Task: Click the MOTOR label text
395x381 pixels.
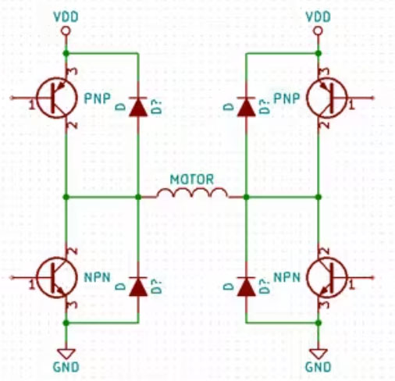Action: pyautogui.click(x=192, y=177)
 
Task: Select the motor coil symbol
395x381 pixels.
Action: pyautogui.click(x=192, y=192)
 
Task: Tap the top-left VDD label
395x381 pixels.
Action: pyautogui.click(x=66, y=15)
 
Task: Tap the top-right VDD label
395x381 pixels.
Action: pyautogui.click(x=318, y=15)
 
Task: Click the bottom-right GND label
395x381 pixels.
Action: pyautogui.click(x=318, y=366)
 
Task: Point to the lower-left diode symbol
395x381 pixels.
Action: pyautogui.click(x=138, y=287)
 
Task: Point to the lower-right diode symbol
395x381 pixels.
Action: pyautogui.click(x=246, y=287)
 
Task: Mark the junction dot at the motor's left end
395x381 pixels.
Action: pyautogui.click(x=138, y=196)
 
